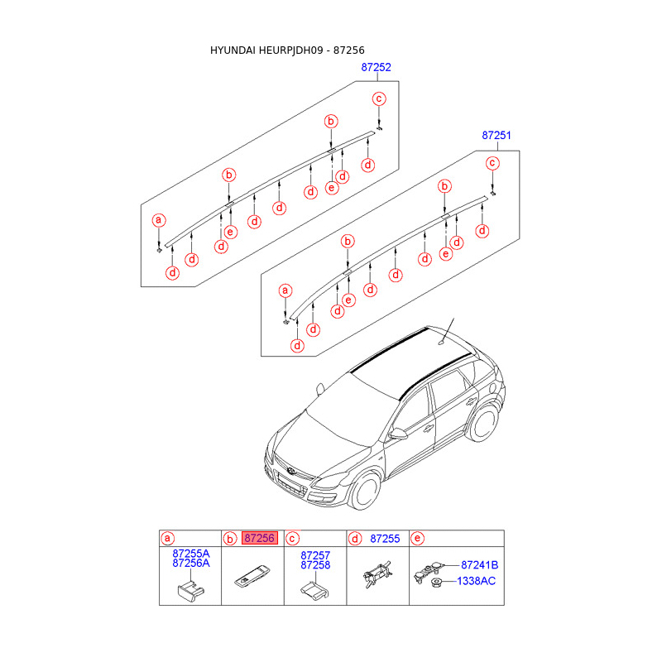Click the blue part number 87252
(377, 68)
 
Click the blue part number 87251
(497, 135)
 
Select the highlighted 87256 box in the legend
(259, 539)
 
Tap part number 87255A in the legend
(191, 553)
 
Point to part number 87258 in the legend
(315, 565)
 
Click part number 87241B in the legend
(479, 565)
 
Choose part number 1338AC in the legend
(477, 581)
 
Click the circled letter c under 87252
(379, 99)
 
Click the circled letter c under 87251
(492, 163)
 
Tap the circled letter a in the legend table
(168, 539)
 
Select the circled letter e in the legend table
(416, 539)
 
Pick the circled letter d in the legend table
(355, 539)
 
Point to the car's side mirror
(399, 433)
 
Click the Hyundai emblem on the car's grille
(292, 472)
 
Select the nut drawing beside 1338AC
(434, 582)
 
